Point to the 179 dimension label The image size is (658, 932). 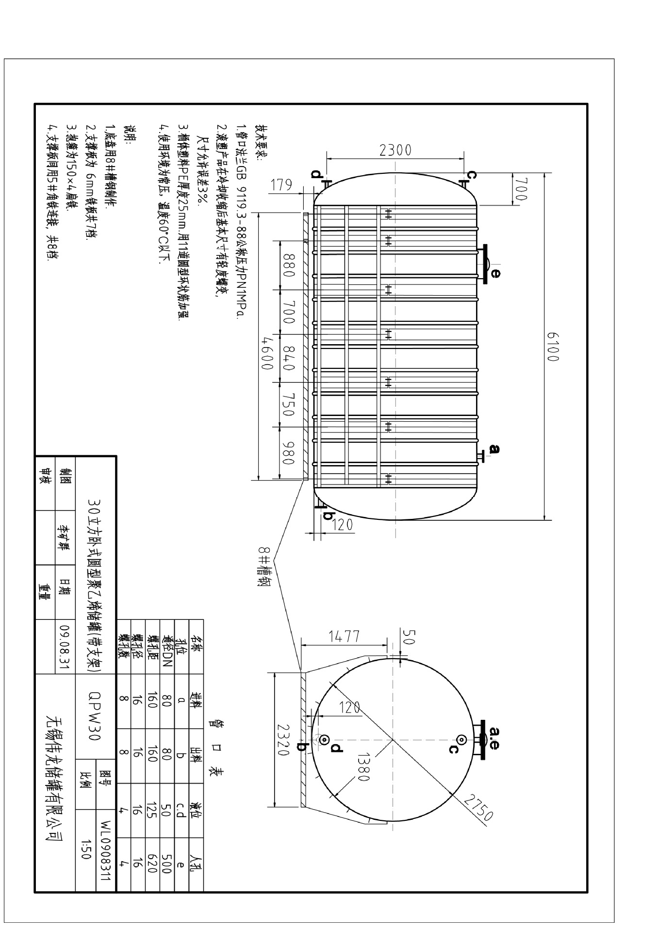[281, 185]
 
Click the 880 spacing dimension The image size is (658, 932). [288, 265]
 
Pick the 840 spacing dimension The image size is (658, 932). [288, 358]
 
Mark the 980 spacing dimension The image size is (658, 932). [288, 452]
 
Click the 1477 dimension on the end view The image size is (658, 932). [344, 636]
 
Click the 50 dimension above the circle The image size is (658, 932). [410, 637]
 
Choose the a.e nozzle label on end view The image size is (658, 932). [494, 738]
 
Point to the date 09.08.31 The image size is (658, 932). [64, 647]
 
